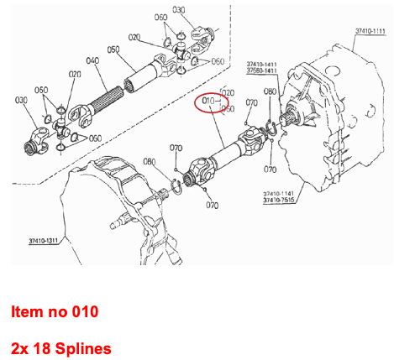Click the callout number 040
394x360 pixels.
[x=92, y=60]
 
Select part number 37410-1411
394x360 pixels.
[x=263, y=64]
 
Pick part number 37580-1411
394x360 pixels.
[x=263, y=71]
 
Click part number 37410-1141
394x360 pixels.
[x=280, y=193]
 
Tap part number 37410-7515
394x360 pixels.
[x=280, y=201]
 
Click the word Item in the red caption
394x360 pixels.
[x=26, y=312]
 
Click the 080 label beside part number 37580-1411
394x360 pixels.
[x=270, y=91]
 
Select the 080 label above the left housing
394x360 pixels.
[x=150, y=161]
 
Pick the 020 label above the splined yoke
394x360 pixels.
[x=76, y=74]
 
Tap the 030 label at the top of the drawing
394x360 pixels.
[x=180, y=10]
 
